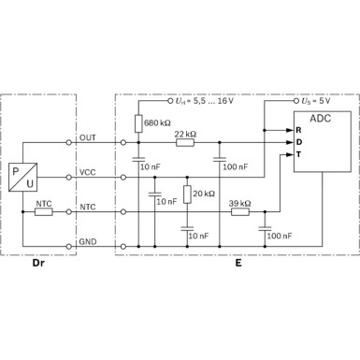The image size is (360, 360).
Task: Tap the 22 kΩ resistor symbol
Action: point(184,143)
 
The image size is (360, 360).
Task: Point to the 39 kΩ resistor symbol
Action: point(239,211)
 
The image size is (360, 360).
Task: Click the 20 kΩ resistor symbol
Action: point(186,194)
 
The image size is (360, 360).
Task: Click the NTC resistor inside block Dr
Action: point(44,211)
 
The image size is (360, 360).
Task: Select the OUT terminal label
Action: point(87,137)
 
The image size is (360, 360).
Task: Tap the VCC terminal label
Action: point(87,171)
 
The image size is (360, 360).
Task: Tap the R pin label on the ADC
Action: point(297,129)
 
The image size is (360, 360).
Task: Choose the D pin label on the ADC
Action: point(297,142)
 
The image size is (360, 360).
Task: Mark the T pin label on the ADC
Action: point(297,155)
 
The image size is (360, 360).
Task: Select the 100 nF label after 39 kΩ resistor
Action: point(281,236)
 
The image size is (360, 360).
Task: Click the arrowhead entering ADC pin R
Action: point(288,130)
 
